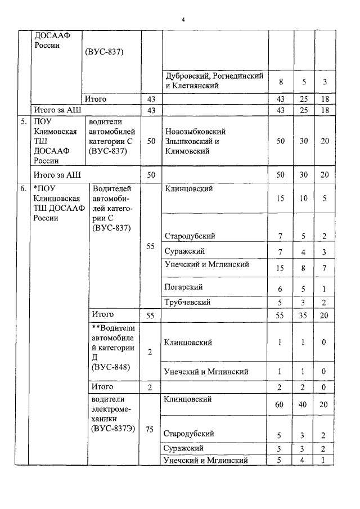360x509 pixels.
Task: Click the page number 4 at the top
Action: pyautogui.click(x=183, y=20)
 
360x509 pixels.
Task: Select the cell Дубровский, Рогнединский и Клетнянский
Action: pyautogui.click(x=214, y=81)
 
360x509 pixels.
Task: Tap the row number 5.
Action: pyautogui.click(x=23, y=121)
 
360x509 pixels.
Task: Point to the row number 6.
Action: pyautogui.click(x=23, y=189)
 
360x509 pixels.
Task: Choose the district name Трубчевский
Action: pyautogui.click(x=187, y=302)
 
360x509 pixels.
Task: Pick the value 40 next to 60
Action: pyautogui.click(x=303, y=404)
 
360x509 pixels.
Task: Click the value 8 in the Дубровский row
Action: pyautogui.click(x=281, y=82)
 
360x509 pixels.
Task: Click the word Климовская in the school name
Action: pyautogui.click(x=55, y=131)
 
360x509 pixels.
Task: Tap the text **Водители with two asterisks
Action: pyautogui.click(x=115, y=327)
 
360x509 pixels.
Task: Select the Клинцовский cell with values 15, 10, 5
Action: pyautogui.click(x=189, y=189)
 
